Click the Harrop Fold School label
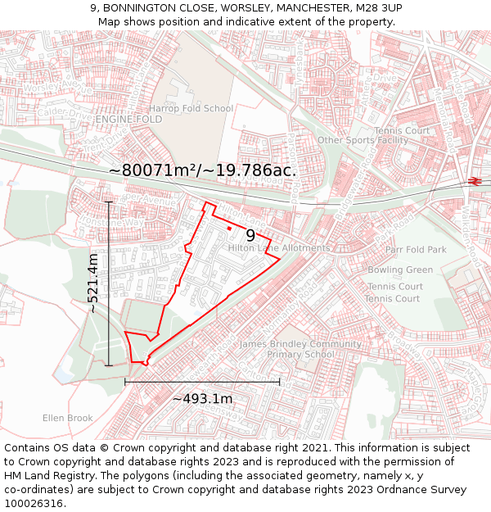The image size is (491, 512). (x=191, y=108)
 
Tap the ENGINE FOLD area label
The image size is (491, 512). (x=128, y=120)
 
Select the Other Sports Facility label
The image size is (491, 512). (x=363, y=140)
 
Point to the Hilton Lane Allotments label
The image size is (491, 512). (x=279, y=248)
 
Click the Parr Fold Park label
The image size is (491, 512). (x=416, y=250)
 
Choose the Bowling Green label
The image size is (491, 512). (x=400, y=270)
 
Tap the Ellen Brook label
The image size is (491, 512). (x=68, y=418)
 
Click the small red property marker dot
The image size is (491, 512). (x=230, y=228)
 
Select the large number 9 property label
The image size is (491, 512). (x=250, y=235)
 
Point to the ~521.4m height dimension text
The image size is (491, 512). (x=93, y=283)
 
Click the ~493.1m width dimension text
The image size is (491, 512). (x=202, y=399)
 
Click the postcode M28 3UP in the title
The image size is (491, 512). (x=380, y=8)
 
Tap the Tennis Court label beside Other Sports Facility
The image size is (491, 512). (x=402, y=130)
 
